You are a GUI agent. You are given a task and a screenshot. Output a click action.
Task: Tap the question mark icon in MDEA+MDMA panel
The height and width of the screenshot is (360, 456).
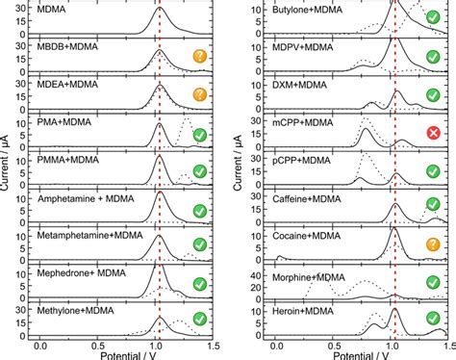coord(200,95)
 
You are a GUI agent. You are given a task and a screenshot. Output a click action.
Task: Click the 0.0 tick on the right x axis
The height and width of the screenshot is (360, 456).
coord(276,342)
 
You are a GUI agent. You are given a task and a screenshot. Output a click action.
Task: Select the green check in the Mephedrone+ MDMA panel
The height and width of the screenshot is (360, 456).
coord(200,283)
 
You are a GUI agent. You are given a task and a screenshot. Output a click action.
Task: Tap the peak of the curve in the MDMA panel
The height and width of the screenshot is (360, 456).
coord(161,10)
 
